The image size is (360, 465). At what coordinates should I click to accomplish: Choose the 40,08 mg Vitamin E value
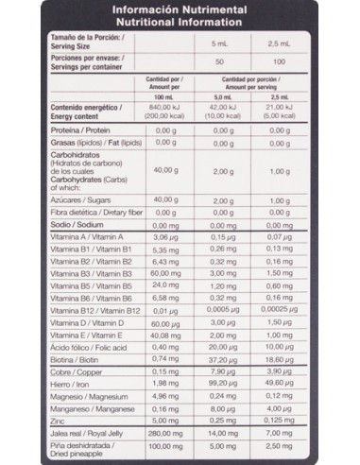164,335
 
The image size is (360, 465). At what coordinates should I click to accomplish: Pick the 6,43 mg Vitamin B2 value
164,262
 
